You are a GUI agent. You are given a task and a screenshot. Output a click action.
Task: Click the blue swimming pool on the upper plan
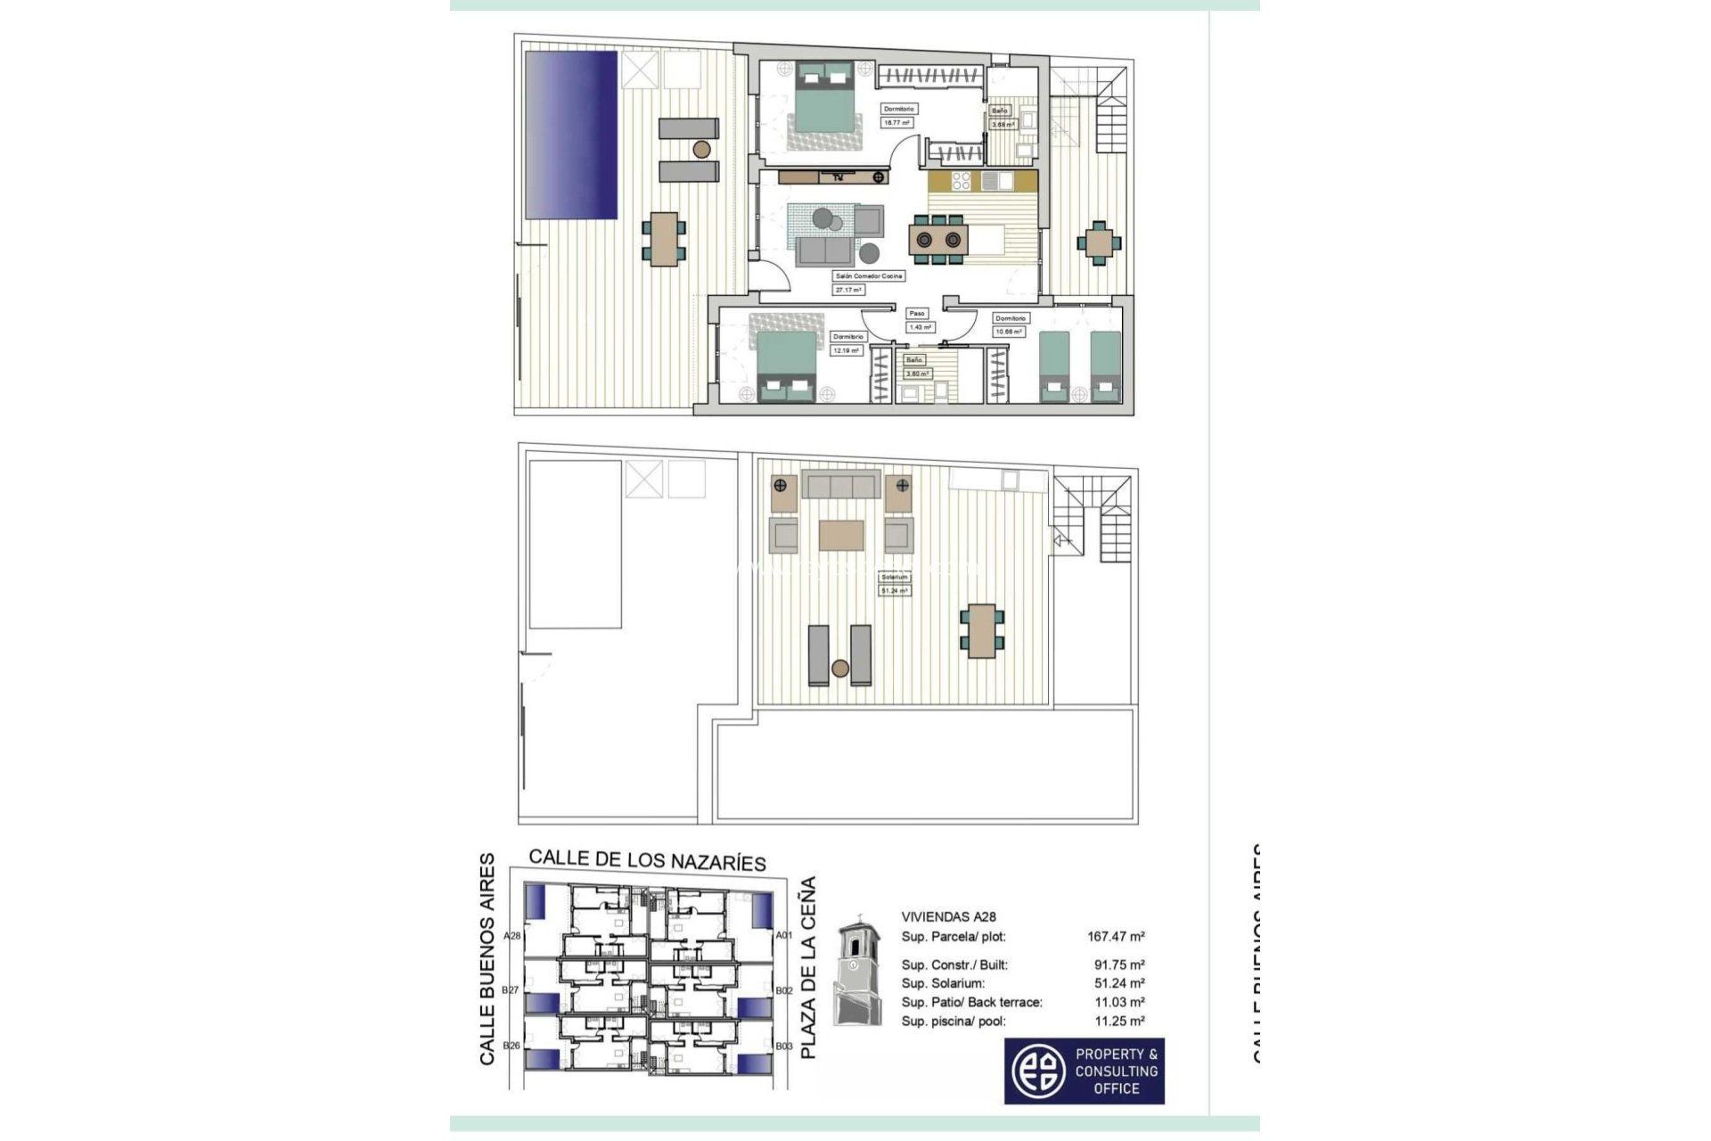coord(571,135)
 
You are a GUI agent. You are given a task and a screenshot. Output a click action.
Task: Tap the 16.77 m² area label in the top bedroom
coord(897,123)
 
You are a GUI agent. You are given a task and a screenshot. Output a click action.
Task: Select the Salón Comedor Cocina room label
coord(869,276)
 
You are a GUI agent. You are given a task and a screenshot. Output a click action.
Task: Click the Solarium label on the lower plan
coord(894,577)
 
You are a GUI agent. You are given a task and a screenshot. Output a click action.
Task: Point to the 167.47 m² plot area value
coord(1116,937)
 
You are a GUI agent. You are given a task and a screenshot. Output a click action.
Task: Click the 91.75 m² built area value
coord(1119,965)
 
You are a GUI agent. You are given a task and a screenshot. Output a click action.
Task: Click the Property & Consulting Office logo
coord(1084,1071)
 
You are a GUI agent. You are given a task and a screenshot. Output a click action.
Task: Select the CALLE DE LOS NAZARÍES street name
coord(647,860)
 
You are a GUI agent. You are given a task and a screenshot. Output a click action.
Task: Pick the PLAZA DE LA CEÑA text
coord(807,967)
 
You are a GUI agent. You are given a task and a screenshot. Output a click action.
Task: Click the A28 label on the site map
coord(512,936)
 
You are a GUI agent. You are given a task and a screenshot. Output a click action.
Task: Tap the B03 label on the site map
coord(783,1046)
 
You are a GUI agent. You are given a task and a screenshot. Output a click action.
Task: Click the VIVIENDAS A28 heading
coord(948,916)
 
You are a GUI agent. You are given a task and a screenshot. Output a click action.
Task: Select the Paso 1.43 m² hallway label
coord(919,320)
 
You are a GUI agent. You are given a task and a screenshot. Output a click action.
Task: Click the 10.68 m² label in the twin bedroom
coord(1009,332)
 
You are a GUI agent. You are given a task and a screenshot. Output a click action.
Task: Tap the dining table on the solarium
coord(981,630)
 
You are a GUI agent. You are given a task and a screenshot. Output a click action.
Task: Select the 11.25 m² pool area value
coord(1119,1022)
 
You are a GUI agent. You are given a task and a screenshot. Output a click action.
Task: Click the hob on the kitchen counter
coord(961,181)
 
